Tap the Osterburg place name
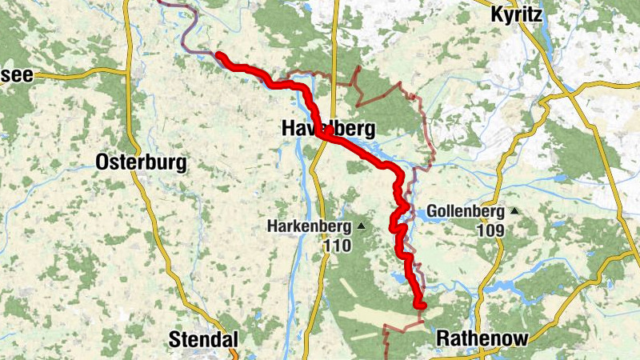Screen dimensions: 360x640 141,163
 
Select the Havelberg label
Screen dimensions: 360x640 328,129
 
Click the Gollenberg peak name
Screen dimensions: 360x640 466,212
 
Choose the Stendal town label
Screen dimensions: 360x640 203,340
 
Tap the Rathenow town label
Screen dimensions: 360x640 482,339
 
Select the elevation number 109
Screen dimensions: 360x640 490,230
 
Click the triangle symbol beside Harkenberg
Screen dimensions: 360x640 361,227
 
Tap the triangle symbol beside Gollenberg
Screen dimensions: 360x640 514,211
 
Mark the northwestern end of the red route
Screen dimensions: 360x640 219,57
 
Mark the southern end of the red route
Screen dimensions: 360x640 421,304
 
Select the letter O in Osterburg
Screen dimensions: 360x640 102,163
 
